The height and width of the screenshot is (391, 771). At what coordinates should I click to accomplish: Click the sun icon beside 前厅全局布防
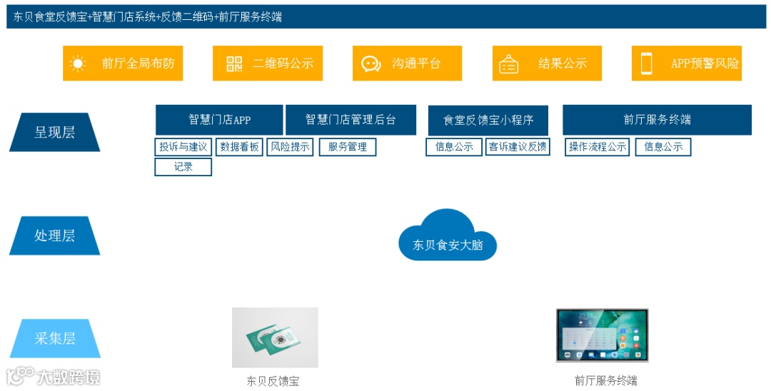point(78,64)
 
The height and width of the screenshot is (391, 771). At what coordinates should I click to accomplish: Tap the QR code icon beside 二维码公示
point(234,64)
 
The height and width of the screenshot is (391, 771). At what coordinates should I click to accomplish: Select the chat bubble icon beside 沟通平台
point(371,64)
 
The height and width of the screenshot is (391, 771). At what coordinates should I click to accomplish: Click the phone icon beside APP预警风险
point(647,64)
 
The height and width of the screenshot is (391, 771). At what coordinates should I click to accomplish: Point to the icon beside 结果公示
point(509,64)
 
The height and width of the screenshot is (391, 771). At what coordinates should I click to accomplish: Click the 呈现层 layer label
point(54,132)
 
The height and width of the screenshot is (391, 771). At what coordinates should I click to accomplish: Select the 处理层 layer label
point(54,235)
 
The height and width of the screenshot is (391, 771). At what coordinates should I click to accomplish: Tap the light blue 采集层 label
point(54,339)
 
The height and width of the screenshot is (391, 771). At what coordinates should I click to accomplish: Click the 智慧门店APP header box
point(219,120)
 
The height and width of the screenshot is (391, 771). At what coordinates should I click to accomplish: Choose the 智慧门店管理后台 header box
point(351,120)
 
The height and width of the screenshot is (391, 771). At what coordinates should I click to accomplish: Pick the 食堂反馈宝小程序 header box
point(488,120)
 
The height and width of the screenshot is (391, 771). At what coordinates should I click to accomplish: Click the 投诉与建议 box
point(183,147)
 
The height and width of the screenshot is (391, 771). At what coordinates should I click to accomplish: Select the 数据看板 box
point(240,147)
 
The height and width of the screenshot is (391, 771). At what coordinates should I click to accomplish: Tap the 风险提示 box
point(290,147)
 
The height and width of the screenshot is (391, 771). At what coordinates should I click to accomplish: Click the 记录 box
point(183,167)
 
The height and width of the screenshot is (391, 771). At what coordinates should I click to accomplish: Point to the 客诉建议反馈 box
point(518,147)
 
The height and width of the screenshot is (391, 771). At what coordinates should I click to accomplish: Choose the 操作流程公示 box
point(598,147)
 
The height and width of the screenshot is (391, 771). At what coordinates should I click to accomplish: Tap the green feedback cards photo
point(275,337)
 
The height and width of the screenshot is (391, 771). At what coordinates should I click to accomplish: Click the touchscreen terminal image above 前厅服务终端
point(603,335)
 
